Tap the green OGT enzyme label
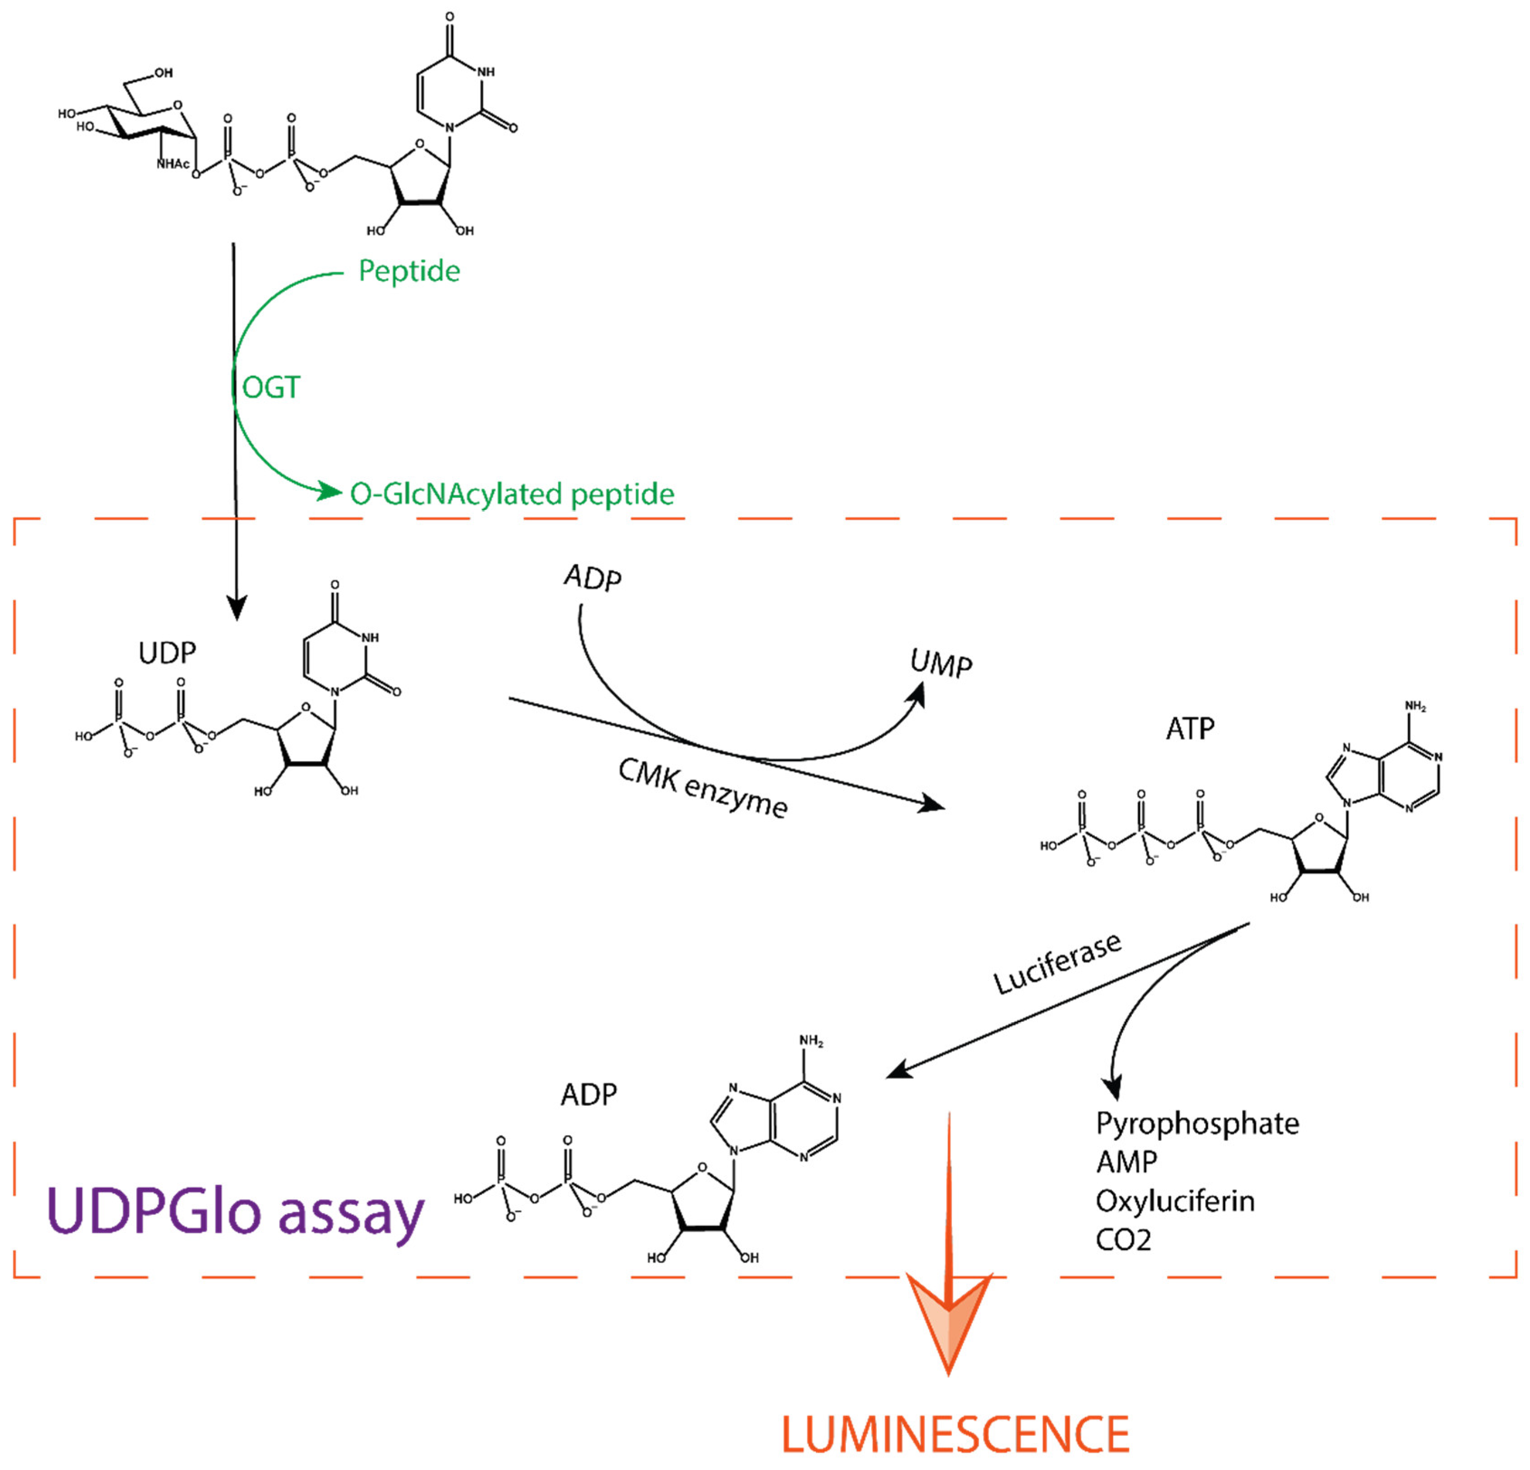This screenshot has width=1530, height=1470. click(271, 387)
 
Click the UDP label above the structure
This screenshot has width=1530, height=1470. click(167, 652)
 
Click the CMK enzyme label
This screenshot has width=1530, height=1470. click(703, 788)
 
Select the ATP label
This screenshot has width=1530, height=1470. click(1190, 729)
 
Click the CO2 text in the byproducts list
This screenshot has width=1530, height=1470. click(1123, 1240)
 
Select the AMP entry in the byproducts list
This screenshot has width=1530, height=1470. click(1126, 1162)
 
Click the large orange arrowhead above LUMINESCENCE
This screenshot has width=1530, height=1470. click(948, 1318)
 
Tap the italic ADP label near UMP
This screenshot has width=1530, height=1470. click(593, 578)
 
